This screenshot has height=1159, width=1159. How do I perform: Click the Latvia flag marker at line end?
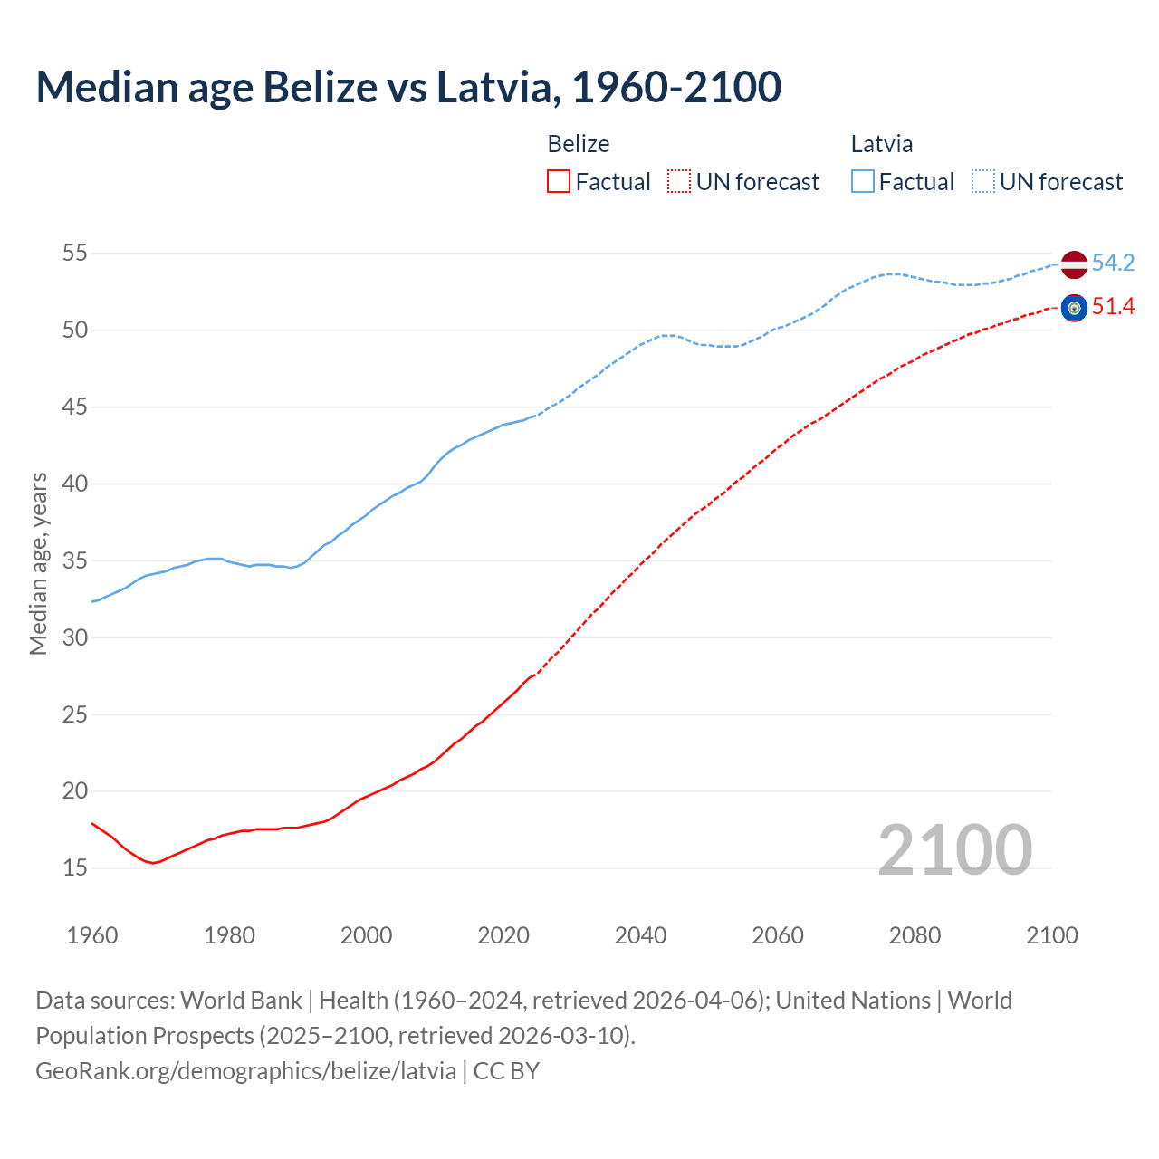(x=1074, y=264)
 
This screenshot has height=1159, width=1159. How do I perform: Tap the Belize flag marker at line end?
(x=1074, y=308)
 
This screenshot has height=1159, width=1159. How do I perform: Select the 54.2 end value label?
(x=1113, y=263)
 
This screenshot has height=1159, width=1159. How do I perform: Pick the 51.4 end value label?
(x=1113, y=307)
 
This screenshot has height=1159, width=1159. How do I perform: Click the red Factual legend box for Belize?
(x=559, y=182)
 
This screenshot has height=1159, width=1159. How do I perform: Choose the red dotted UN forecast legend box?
(x=679, y=182)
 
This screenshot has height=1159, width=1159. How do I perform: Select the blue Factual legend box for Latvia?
(x=863, y=182)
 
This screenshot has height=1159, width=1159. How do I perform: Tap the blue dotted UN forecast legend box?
(x=983, y=182)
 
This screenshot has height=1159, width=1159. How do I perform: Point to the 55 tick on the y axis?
(x=75, y=253)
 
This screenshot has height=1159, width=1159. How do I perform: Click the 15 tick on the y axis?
(x=75, y=867)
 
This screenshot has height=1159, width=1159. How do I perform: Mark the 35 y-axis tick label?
(x=75, y=560)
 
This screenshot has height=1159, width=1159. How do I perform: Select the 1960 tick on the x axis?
(x=92, y=935)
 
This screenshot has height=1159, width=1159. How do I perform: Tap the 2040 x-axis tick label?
(x=640, y=935)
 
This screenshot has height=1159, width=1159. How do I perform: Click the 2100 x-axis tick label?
(x=1051, y=935)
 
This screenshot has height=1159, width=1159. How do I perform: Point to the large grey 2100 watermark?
(x=954, y=849)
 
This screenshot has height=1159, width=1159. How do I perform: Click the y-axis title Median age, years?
(x=38, y=562)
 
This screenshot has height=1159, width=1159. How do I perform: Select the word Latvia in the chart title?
(x=493, y=87)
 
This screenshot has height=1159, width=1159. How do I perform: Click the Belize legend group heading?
(x=579, y=144)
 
